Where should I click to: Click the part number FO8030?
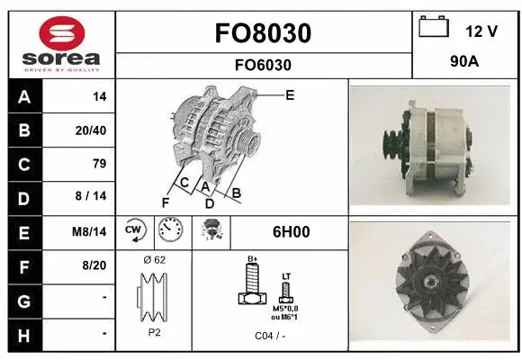pos(263,33)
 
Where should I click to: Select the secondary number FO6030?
pos(263,65)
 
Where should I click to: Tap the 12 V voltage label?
pos(481,31)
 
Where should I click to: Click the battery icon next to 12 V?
pos(433,28)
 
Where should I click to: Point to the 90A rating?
pos(464,64)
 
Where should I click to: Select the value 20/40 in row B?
pos(91,130)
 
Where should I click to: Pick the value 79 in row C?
pos(99,164)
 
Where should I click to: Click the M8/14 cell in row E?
pos(90,231)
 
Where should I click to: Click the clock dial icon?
pos(169,231)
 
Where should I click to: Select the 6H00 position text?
pos(292,231)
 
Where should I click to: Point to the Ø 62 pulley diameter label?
pos(154,260)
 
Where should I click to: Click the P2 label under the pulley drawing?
pos(154,332)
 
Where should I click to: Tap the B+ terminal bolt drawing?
pos(253,287)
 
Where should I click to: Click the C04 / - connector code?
pos(269,336)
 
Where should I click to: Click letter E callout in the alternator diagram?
pos(290,94)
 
